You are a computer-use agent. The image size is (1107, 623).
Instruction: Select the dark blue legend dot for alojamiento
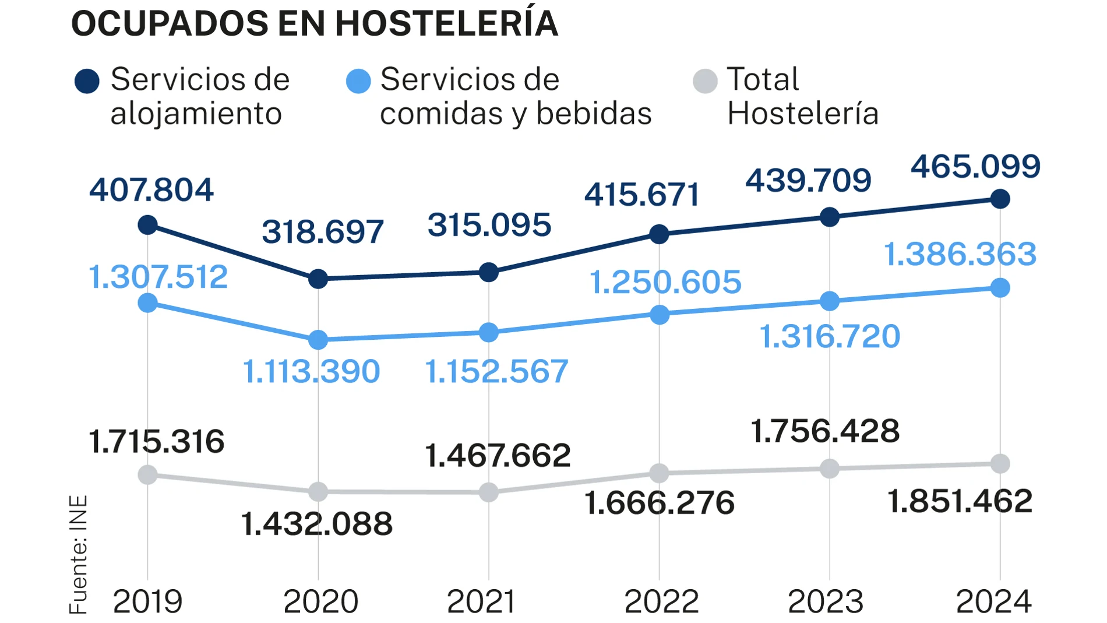(x=87, y=81)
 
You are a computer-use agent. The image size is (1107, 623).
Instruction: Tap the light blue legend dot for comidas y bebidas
(x=358, y=81)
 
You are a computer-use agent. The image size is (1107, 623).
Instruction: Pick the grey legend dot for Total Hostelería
(x=705, y=81)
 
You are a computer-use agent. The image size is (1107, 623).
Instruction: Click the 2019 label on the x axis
(x=147, y=601)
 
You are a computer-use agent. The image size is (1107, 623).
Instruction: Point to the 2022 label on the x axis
(x=661, y=601)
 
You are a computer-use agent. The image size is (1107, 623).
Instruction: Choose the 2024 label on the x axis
(x=994, y=601)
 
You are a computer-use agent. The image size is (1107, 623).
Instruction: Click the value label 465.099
(x=975, y=167)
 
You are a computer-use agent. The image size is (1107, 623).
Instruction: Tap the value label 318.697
(x=322, y=232)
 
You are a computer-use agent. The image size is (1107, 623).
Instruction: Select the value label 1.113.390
(x=311, y=372)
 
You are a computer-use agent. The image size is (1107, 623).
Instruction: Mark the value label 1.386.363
(x=960, y=255)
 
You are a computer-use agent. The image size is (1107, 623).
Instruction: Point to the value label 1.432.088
(x=316, y=524)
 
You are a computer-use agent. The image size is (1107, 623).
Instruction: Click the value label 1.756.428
(x=825, y=432)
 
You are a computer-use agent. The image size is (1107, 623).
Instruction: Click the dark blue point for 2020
(x=318, y=279)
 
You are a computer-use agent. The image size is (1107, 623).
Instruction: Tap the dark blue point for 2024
(x=1000, y=199)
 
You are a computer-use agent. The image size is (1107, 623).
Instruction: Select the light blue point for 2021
(x=489, y=333)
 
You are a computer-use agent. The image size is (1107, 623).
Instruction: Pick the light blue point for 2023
(x=830, y=301)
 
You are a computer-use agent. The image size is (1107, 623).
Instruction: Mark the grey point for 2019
(x=148, y=474)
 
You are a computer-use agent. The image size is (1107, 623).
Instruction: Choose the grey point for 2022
(x=659, y=473)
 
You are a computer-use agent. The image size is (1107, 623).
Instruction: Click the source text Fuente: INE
(x=79, y=554)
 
